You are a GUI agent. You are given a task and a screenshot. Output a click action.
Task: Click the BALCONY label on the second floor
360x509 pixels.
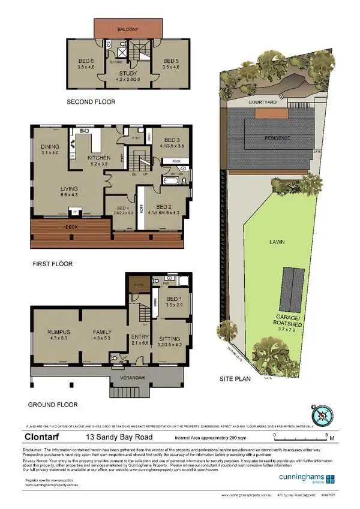tap(129, 29)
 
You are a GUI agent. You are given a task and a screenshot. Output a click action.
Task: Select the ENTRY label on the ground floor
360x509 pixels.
tap(140, 337)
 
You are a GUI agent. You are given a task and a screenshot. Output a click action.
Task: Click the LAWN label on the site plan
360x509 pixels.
tap(277, 242)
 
